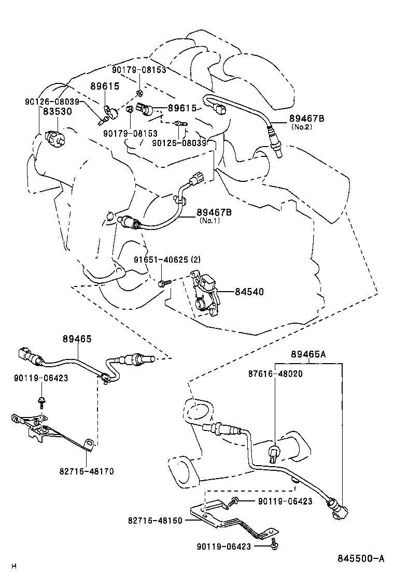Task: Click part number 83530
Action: (58, 111)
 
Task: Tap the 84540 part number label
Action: (249, 292)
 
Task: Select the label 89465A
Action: (308, 354)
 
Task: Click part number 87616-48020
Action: (275, 373)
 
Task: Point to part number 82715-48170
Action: (87, 471)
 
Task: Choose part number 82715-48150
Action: (155, 521)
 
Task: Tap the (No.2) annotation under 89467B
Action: (302, 127)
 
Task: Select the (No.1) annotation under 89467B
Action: (209, 221)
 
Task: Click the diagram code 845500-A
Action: (361, 559)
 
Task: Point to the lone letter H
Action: (14, 566)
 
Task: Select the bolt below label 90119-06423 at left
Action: (41, 402)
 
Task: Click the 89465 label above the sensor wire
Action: (77, 339)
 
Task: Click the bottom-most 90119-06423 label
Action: (223, 546)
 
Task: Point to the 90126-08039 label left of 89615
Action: (52, 102)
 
